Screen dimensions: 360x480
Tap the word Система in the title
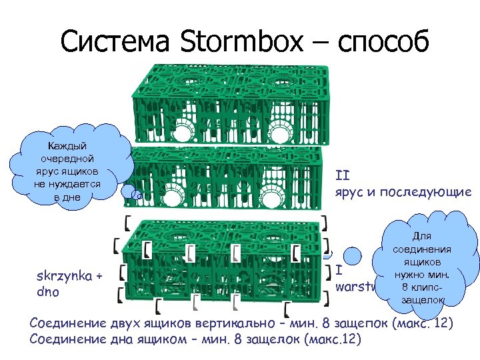(115, 43)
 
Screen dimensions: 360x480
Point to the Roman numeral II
(343, 176)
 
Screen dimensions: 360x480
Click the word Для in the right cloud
(422, 236)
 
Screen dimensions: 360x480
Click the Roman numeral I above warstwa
(339, 271)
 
